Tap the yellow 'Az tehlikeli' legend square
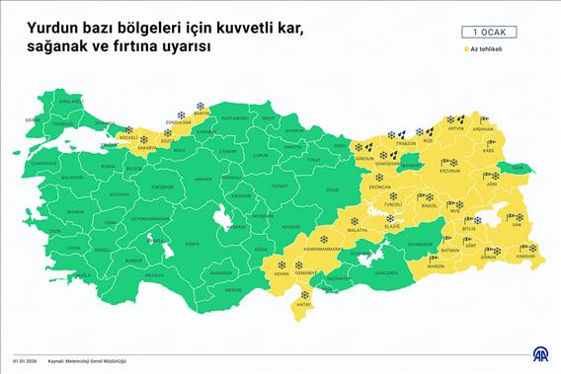tap(464, 48)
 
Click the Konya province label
tap(193, 243)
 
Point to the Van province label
tap(516, 224)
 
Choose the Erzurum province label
tap(449, 170)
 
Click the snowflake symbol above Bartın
tap(200, 106)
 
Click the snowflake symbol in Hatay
tap(304, 294)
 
